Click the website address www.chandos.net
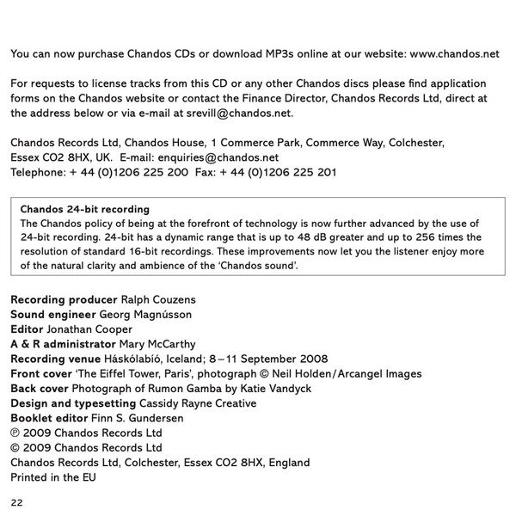[x=454, y=53]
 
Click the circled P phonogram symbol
[x=15, y=433]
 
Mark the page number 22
[x=17, y=501]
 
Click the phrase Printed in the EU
[x=53, y=476]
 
